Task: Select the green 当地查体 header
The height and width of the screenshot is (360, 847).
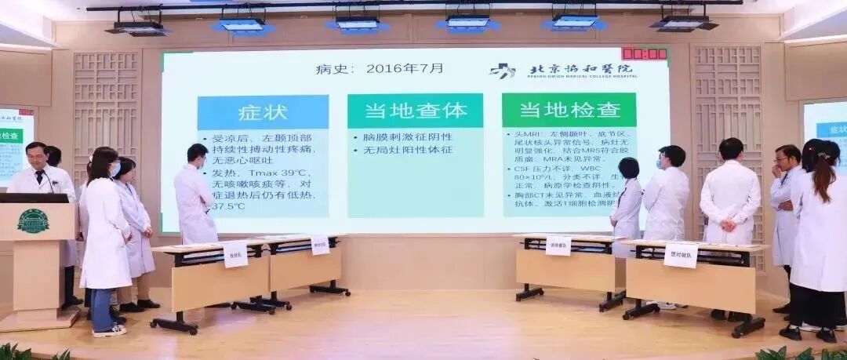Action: (x=415, y=111)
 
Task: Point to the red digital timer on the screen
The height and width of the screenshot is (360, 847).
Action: (x=644, y=54)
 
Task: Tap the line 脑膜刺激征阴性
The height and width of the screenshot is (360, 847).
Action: (x=400, y=137)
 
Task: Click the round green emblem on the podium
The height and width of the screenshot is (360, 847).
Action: (x=33, y=220)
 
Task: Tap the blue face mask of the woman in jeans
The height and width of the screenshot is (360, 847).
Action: (x=115, y=169)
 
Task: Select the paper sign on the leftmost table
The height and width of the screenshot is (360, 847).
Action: (x=235, y=254)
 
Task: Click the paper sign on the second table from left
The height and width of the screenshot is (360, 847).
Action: (x=320, y=245)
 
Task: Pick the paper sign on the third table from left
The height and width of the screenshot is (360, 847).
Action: (x=558, y=245)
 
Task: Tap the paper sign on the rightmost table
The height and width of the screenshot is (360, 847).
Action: (x=680, y=255)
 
